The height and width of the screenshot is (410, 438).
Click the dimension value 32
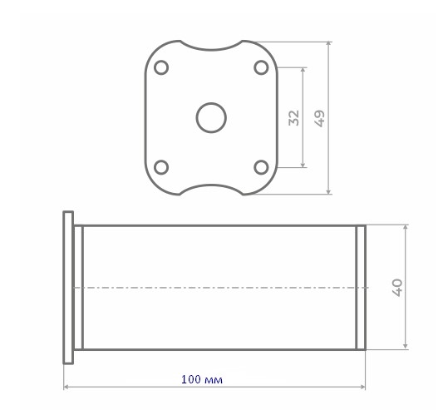294,118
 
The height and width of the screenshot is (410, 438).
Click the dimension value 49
319,118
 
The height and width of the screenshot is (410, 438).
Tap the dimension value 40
397,288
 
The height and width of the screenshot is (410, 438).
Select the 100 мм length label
202,379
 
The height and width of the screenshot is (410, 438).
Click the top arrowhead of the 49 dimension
329,44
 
